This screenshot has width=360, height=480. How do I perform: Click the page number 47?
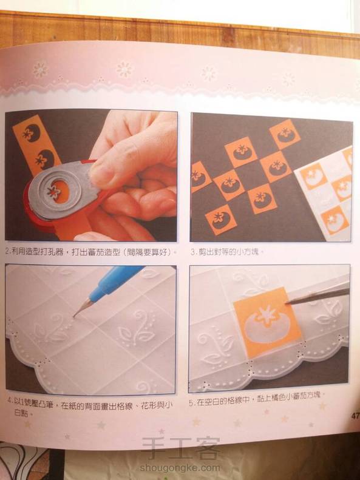point(355,416)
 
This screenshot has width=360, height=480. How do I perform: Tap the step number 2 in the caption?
point(7,252)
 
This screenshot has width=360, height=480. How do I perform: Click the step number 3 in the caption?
point(192,253)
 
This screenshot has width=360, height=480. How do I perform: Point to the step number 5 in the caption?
point(191,403)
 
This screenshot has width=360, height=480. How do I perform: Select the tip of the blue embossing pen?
point(74,316)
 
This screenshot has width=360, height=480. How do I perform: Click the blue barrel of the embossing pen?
point(117,282)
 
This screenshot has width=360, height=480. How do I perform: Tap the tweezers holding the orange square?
point(318,295)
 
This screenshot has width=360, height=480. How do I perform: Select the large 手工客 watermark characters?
point(181,448)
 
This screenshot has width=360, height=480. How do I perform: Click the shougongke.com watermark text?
point(180,468)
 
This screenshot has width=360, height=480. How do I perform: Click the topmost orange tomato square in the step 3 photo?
point(285,134)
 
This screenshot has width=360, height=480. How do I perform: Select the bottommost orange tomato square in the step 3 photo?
point(221,220)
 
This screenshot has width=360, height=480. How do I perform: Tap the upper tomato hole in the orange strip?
point(31,132)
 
